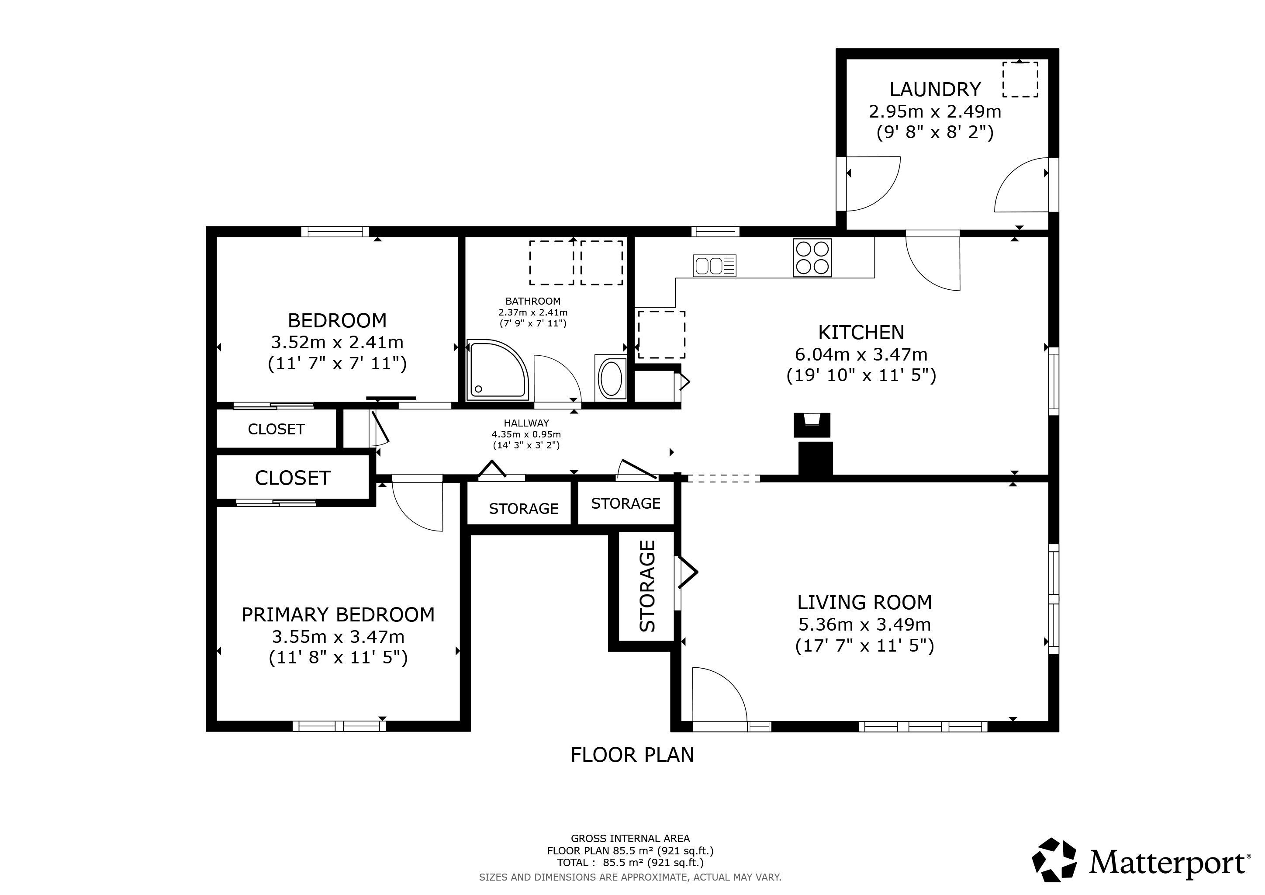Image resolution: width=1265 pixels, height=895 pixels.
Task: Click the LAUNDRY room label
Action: point(935,89)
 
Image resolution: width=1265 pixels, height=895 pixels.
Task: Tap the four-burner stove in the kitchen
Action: point(812,257)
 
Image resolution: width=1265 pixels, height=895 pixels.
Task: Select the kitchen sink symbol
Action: point(715,266)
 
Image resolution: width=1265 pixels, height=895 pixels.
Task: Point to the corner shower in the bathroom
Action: point(498,369)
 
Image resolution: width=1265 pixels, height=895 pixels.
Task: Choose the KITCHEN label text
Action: point(861,332)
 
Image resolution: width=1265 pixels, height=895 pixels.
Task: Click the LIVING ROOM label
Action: point(864,602)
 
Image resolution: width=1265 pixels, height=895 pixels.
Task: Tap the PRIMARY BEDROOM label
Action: point(338,614)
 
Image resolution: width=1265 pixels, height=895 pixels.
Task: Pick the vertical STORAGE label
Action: point(647,586)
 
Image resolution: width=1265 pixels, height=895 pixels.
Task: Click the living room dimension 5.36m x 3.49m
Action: point(864,624)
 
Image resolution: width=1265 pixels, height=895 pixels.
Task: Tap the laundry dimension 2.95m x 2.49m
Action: point(935,111)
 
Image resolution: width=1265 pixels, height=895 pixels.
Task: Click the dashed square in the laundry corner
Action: point(1020,80)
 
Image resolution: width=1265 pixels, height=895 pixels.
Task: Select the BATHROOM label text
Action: point(533,301)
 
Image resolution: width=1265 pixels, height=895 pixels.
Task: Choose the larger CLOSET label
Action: point(293,478)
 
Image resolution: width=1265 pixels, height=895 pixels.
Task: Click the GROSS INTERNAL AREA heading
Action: point(630,838)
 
